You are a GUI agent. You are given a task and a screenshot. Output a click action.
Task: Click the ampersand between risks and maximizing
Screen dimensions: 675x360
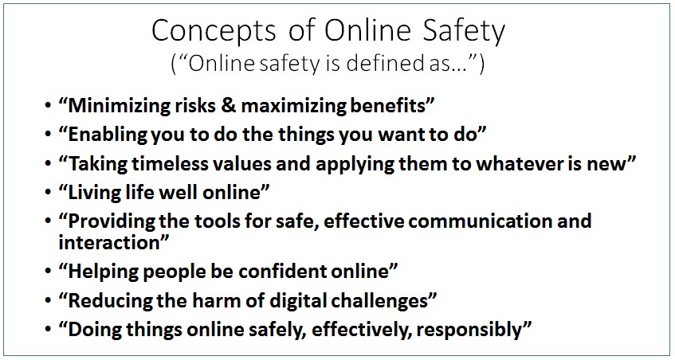point(228,106)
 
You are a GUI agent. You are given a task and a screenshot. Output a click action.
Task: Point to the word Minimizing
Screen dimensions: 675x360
point(117,106)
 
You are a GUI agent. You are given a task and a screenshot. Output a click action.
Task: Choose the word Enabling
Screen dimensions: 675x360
point(101,135)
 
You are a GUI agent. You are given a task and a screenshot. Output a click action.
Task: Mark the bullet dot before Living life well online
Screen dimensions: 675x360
point(48,193)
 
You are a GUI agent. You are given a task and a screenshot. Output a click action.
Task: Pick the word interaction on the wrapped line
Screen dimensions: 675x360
point(109,243)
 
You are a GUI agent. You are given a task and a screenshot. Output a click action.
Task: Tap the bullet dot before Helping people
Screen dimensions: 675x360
point(48,272)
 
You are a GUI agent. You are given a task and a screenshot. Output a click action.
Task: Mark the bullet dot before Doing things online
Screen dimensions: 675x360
point(48,331)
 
